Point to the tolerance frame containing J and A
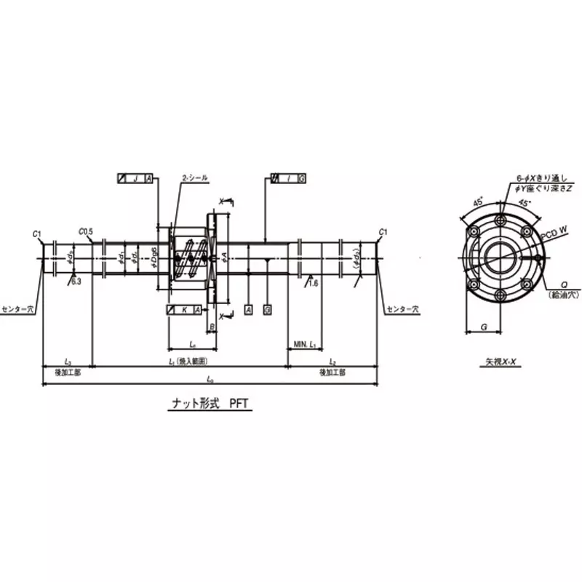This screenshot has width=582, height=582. tap(135, 178)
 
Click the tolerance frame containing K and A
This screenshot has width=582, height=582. tap(184, 310)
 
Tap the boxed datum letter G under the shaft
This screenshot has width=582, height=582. tap(268, 310)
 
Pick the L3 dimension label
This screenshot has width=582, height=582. tap(67, 361)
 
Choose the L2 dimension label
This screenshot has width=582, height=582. tap(332, 361)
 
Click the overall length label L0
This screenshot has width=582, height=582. tap(210, 379)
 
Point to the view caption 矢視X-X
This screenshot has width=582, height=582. tap(501, 362)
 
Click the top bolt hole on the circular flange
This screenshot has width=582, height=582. tap(501, 222)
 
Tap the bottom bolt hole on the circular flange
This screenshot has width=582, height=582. tap(501, 294)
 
